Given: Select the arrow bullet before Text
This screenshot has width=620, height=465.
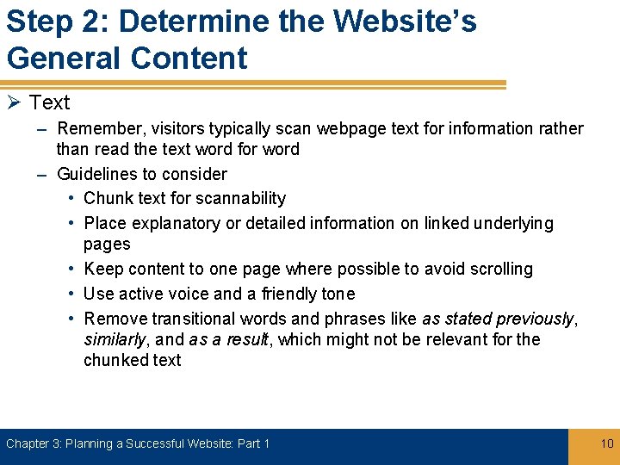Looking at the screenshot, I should point(14,102).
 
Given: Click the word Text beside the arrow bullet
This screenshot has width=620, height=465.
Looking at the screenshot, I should point(49,102).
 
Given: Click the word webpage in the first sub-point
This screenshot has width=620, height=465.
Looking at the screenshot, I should point(351,129).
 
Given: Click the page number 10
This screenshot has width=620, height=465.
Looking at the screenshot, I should point(606,443).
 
